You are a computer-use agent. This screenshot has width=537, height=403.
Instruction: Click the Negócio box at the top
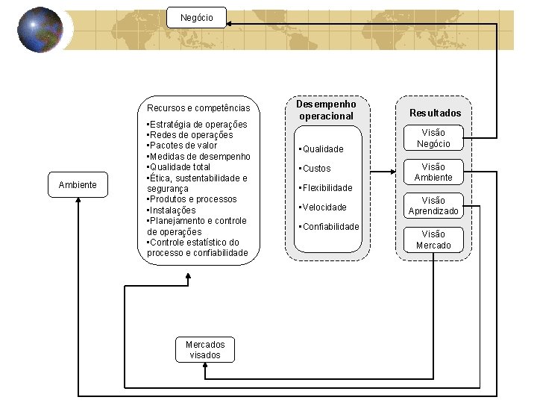pos(196,17)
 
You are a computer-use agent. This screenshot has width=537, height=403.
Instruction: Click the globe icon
pos(40,31)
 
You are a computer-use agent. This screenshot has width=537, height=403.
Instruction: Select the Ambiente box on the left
pos(78,185)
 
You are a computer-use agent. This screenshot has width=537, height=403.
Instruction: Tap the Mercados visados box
pos(204,350)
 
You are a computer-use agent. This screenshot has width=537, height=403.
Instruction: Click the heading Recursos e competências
pos(198,108)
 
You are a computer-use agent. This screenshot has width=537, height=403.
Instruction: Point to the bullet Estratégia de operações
pos(198,124)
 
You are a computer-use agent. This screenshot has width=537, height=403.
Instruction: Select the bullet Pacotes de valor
pos(183,146)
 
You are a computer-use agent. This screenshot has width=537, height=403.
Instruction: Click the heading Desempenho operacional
pos(326,110)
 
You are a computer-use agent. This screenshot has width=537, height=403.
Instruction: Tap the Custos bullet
pos(316,169)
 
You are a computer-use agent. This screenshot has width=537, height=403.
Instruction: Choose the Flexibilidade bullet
pos(326,188)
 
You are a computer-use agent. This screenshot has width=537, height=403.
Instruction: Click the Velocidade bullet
pos(324,207)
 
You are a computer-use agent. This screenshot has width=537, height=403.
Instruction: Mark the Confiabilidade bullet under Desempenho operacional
pos(330,227)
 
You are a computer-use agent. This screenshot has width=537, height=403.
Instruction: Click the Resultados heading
pos(435,113)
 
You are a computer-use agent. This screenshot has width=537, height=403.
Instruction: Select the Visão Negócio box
pos(433,139)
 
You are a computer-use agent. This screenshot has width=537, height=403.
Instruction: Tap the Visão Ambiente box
pos(433,172)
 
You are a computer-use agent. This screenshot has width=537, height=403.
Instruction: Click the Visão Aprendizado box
pos(433,206)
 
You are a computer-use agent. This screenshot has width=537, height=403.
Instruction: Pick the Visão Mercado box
pos(433,240)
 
